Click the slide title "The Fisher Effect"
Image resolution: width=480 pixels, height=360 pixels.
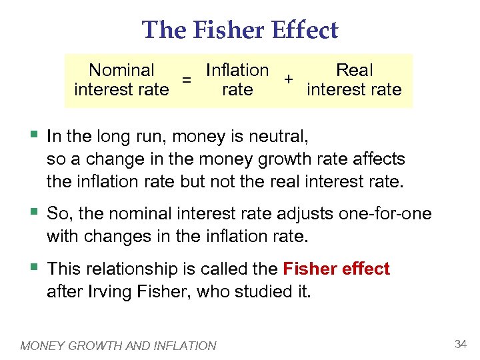click(240, 29)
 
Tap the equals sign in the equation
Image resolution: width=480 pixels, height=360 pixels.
click(188, 80)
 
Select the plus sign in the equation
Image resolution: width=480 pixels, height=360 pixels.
click(288, 79)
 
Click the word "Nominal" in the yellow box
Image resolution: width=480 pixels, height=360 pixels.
click(121, 70)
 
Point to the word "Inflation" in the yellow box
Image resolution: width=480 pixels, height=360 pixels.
click(237, 70)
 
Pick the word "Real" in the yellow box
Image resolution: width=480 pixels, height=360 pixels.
click(354, 70)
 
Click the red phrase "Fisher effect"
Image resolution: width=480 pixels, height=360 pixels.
click(336, 269)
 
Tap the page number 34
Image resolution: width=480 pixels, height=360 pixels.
click(460, 344)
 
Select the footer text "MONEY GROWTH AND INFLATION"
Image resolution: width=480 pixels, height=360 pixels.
click(119, 345)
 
